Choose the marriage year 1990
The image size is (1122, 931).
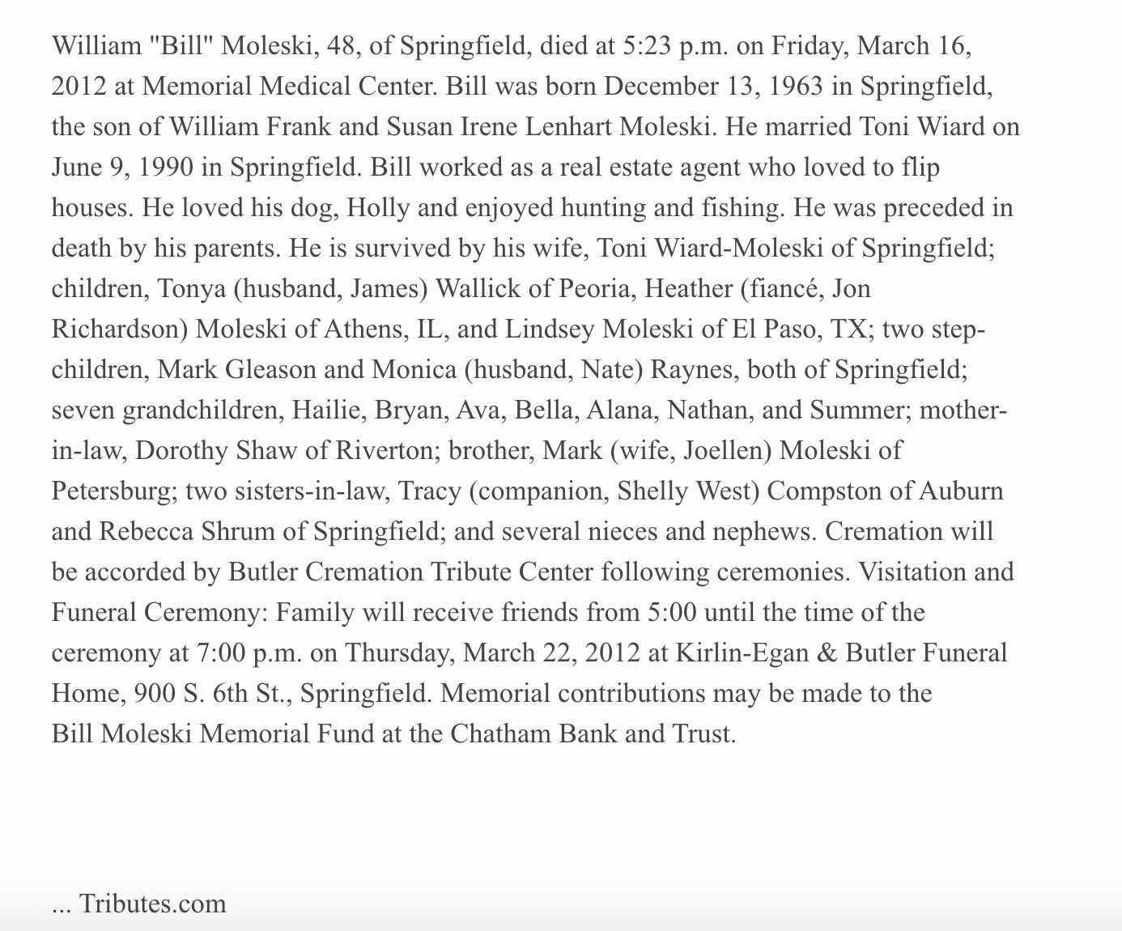[165, 168]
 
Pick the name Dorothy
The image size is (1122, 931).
[182, 451]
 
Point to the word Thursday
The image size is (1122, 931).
[400, 653]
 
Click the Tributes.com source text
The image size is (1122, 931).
[152, 903]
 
